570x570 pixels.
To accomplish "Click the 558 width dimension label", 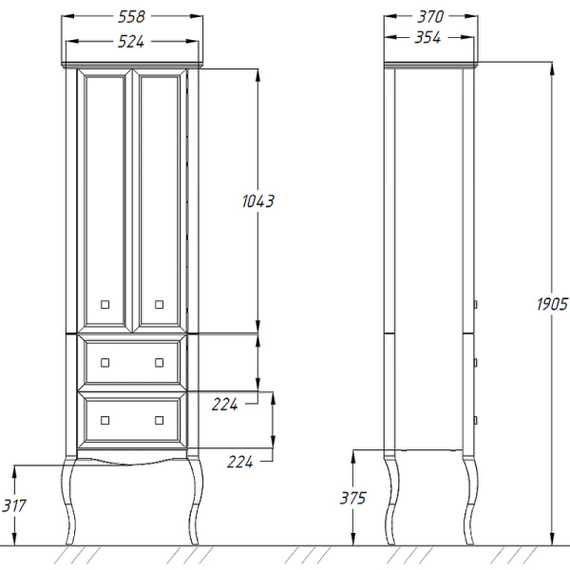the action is [131, 17].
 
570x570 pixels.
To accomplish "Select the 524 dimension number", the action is [131, 42].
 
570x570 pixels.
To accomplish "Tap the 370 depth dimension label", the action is [430, 17].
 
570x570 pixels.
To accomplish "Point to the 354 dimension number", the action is [427, 37].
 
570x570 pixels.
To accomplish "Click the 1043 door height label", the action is [258, 201].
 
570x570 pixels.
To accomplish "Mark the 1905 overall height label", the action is [552, 304].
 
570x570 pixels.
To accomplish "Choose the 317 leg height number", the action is [14, 505].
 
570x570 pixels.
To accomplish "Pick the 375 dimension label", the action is [353, 498].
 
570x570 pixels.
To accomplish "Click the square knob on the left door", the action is [105, 304].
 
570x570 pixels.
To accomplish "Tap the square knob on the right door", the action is [160, 304].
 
